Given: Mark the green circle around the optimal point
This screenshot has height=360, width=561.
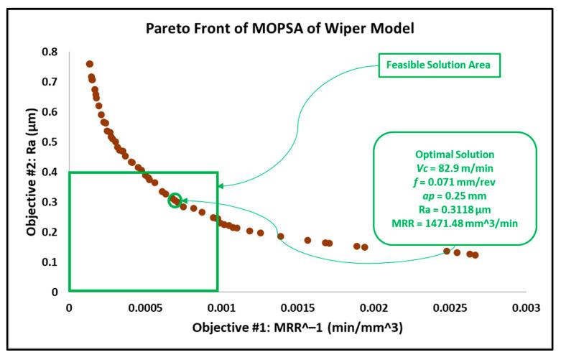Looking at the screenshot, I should pyautogui.click(x=175, y=200).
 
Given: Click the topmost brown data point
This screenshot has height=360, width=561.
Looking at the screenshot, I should pyautogui.click(x=90, y=64).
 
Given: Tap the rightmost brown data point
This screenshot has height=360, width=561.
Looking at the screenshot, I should pyautogui.click(x=476, y=255).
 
